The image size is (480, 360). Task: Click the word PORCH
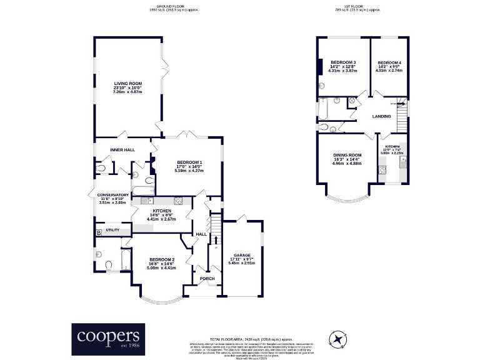tap(206, 279)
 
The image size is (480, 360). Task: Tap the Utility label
tap(112, 230)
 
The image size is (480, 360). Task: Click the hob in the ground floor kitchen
tap(177, 201)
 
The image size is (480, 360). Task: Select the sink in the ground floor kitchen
tap(147, 201)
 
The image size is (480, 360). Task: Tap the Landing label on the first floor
tap(381, 116)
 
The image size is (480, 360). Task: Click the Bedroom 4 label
tap(389, 63)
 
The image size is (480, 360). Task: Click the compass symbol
tap(338, 339)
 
